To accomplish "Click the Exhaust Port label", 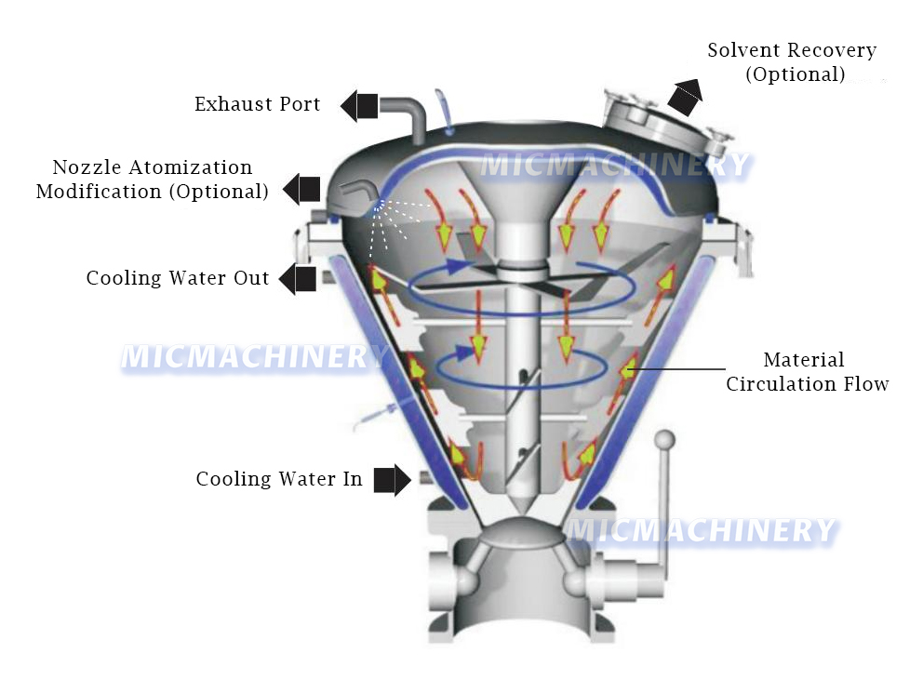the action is [257, 104].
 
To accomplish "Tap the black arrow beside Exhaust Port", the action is [359, 106].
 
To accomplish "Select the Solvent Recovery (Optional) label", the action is [793, 62].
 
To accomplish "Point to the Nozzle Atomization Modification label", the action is [153, 180].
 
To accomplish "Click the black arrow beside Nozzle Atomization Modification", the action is [301, 190].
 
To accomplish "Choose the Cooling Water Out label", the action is [177, 278].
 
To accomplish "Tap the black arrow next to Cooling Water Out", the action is [297, 279].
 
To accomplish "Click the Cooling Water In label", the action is [278, 479].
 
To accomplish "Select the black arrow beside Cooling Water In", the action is [393, 480].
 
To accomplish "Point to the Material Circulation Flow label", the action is [807, 372].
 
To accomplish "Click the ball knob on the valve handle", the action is [665, 439].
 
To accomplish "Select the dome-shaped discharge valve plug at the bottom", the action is [522, 532].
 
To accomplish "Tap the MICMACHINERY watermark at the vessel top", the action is [616, 166].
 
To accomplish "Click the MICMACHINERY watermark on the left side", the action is [254, 357].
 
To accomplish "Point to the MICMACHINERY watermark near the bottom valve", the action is [701, 530].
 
